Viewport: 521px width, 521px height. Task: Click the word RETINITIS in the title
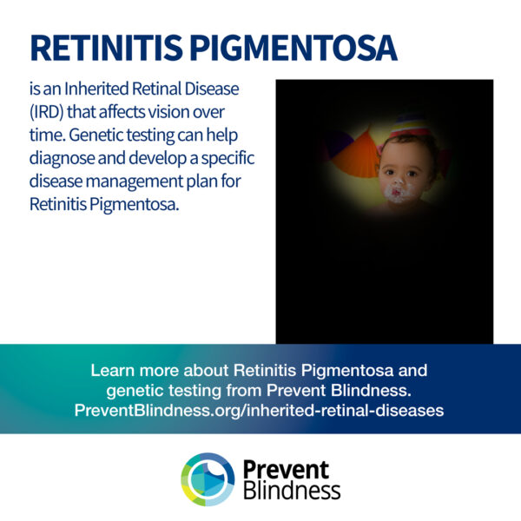tap(106, 47)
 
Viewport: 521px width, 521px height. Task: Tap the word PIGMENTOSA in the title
tap(293, 47)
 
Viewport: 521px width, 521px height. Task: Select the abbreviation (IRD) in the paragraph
tap(47, 112)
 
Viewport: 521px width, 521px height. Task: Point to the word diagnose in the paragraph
tap(62, 159)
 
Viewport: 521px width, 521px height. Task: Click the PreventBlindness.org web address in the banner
tap(259, 411)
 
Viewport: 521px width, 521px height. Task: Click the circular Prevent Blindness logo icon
tap(208, 479)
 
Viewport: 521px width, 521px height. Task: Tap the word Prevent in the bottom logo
tap(286, 469)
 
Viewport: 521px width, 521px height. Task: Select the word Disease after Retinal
tap(212, 89)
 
